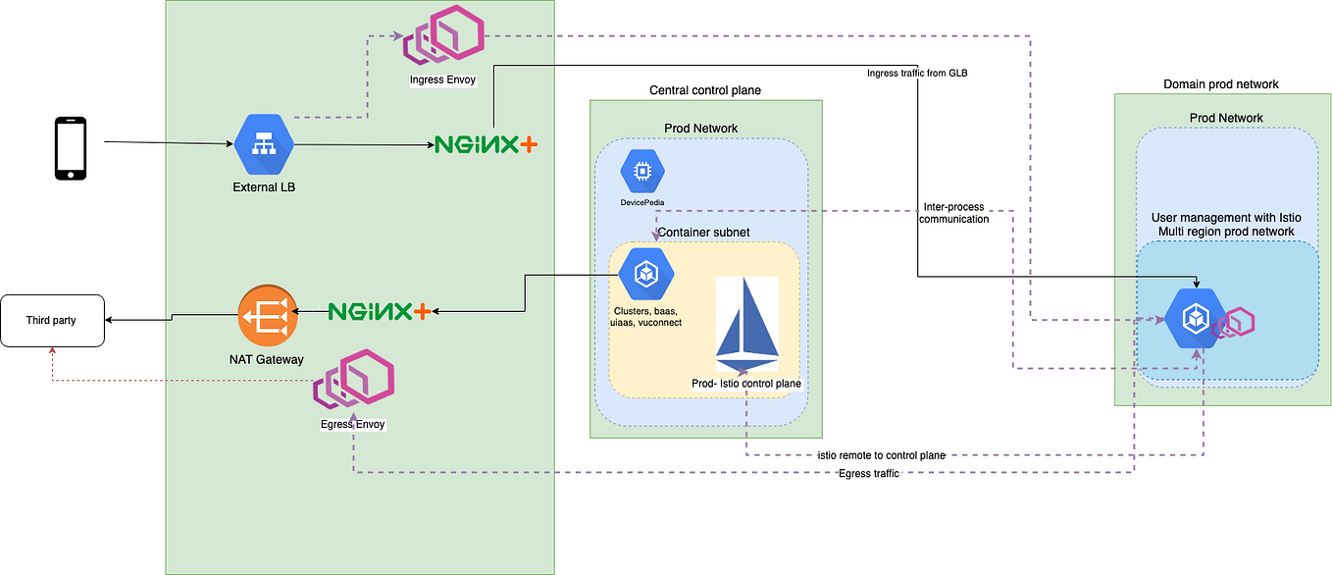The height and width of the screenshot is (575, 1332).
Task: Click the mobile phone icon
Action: coord(69,148)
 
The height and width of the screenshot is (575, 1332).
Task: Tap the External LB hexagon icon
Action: coord(264,144)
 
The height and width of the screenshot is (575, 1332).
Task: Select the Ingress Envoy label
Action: coord(443,79)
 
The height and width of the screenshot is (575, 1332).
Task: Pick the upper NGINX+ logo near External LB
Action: coord(487,145)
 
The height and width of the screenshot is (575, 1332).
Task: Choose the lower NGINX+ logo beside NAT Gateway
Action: coord(379,311)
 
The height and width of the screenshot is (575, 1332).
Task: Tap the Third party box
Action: coord(52,320)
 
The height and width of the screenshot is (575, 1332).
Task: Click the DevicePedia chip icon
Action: coord(642,171)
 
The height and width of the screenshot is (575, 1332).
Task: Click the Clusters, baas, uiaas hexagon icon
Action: coord(645,275)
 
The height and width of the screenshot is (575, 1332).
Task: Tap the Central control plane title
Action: coord(704,90)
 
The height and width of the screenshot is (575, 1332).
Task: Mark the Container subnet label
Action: coord(703,233)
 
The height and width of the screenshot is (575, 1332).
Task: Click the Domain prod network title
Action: coord(1220,84)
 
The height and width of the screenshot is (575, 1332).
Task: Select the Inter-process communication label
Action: coord(952,213)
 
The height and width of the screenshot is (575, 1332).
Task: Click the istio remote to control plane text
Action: coord(881,455)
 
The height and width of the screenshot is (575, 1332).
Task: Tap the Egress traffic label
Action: coord(869,474)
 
